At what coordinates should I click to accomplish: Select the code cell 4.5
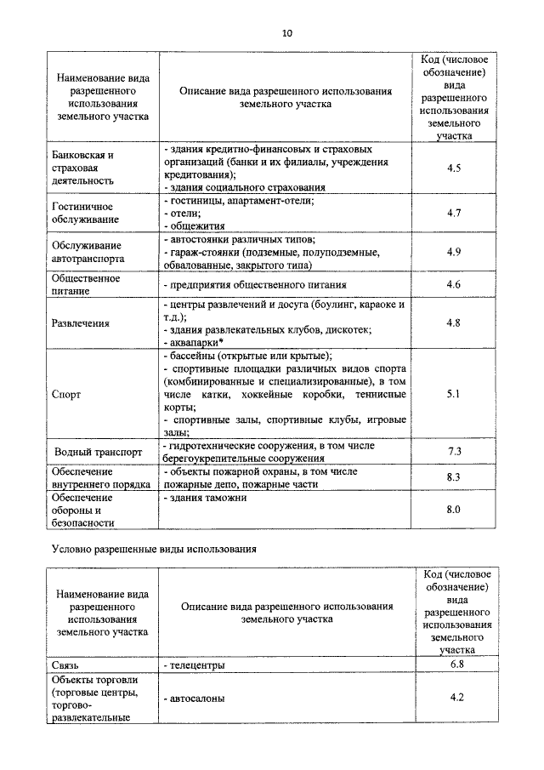(453, 168)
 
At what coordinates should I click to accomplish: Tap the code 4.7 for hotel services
(453, 212)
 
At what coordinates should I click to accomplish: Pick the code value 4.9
(453, 252)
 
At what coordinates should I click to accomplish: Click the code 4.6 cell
(453, 284)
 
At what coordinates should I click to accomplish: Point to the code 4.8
(453, 323)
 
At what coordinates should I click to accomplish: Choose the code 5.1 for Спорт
(453, 394)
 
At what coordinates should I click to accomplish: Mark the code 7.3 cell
(453, 451)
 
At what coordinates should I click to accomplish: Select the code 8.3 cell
(453, 478)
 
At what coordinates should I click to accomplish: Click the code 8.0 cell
(453, 510)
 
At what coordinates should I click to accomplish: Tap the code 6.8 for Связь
(453, 664)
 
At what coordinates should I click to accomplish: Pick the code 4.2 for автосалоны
(453, 698)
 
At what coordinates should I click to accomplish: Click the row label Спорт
(67, 395)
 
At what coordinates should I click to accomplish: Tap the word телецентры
(197, 664)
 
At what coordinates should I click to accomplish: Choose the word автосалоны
(197, 699)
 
